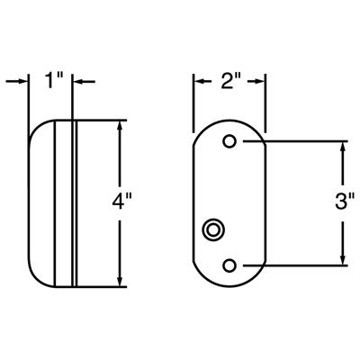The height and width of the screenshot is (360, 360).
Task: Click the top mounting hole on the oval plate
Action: (229, 141)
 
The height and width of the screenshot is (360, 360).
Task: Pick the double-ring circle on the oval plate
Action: (214, 230)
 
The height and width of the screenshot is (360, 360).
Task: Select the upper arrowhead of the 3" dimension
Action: (342, 148)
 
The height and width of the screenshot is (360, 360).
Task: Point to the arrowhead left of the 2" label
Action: (199, 82)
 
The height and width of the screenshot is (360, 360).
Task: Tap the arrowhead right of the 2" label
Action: (262, 82)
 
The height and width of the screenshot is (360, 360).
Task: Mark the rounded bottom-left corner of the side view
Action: (36, 274)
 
